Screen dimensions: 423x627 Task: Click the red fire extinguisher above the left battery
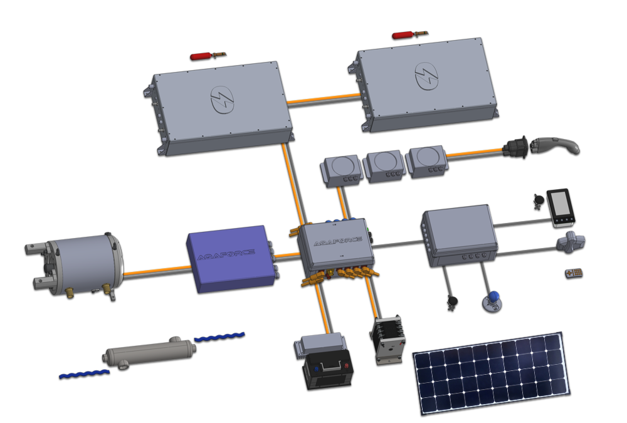[x=202, y=56]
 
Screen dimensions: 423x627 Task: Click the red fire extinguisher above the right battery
[x=404, y=35]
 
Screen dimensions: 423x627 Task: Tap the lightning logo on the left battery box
[x=222, y=100]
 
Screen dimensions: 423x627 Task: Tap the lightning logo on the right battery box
[x=426, y=76]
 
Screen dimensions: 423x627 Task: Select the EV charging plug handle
[x=558, y=145]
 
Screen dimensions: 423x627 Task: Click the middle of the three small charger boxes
[x=385, y=165]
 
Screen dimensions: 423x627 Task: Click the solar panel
[x=490, y=372]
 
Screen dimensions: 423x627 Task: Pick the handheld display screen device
[x=560, y=206]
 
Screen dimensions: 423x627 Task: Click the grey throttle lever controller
[x=571, y=241]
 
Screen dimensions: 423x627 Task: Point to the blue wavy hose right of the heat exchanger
[x=219, y=337]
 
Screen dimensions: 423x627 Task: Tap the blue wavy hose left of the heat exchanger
[x=84, y=373]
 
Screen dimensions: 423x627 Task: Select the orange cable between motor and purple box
[x=157, y=271]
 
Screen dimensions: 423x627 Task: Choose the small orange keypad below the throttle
[x=574, y=273]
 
